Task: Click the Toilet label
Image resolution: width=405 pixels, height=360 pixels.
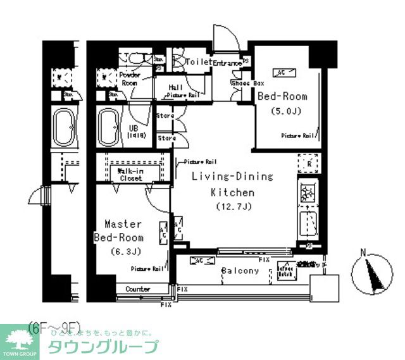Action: coord(200,62)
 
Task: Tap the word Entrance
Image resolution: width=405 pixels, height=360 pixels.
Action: coord(227,63)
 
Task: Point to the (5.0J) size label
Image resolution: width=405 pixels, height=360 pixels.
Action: coord(282,112)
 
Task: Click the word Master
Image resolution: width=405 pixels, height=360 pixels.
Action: coord(123,225)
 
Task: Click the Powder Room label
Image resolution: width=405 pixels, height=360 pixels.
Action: coord(129,78)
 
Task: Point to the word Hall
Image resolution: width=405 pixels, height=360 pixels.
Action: coord(177,87)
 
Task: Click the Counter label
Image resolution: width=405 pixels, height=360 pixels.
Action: coord(137,289)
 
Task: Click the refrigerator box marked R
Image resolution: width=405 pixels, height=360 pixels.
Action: coord(307,163)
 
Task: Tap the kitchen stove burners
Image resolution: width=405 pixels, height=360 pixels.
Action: coord(308,192)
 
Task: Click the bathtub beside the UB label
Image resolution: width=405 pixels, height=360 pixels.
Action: coord(108,129)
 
